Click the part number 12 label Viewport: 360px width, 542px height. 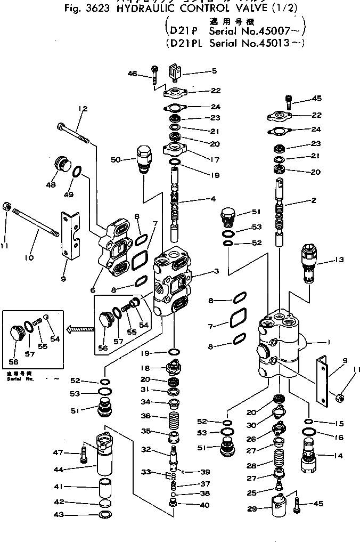(82, 109)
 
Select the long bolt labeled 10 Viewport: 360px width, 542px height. (38, 223)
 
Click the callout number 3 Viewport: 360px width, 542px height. (216, 271)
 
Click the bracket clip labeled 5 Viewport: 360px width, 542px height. (176, 72)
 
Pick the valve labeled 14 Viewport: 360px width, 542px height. (309, 457)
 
